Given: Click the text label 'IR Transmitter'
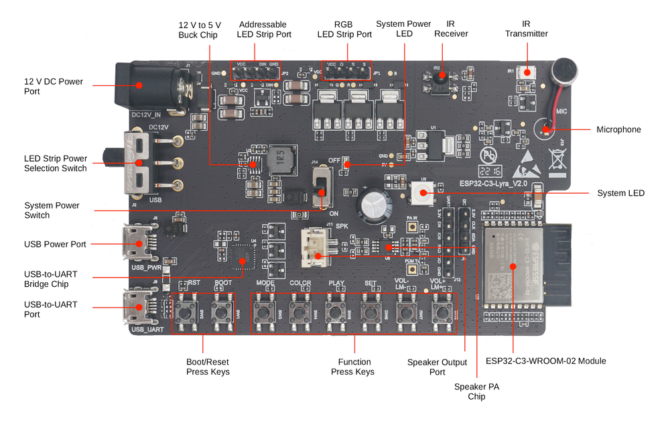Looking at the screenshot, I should (526, 29).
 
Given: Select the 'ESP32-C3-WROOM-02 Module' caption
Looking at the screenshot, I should (545, 361).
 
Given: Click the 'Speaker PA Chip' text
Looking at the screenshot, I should (476, 391).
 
